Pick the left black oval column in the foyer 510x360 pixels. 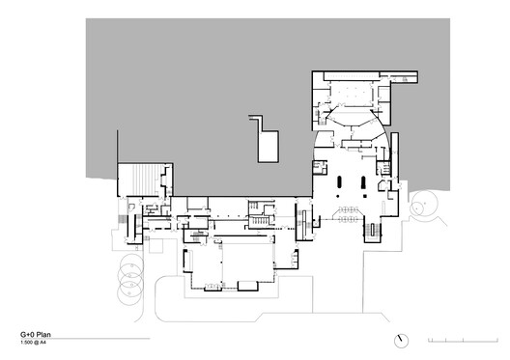338,183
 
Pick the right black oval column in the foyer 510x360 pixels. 363,183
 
